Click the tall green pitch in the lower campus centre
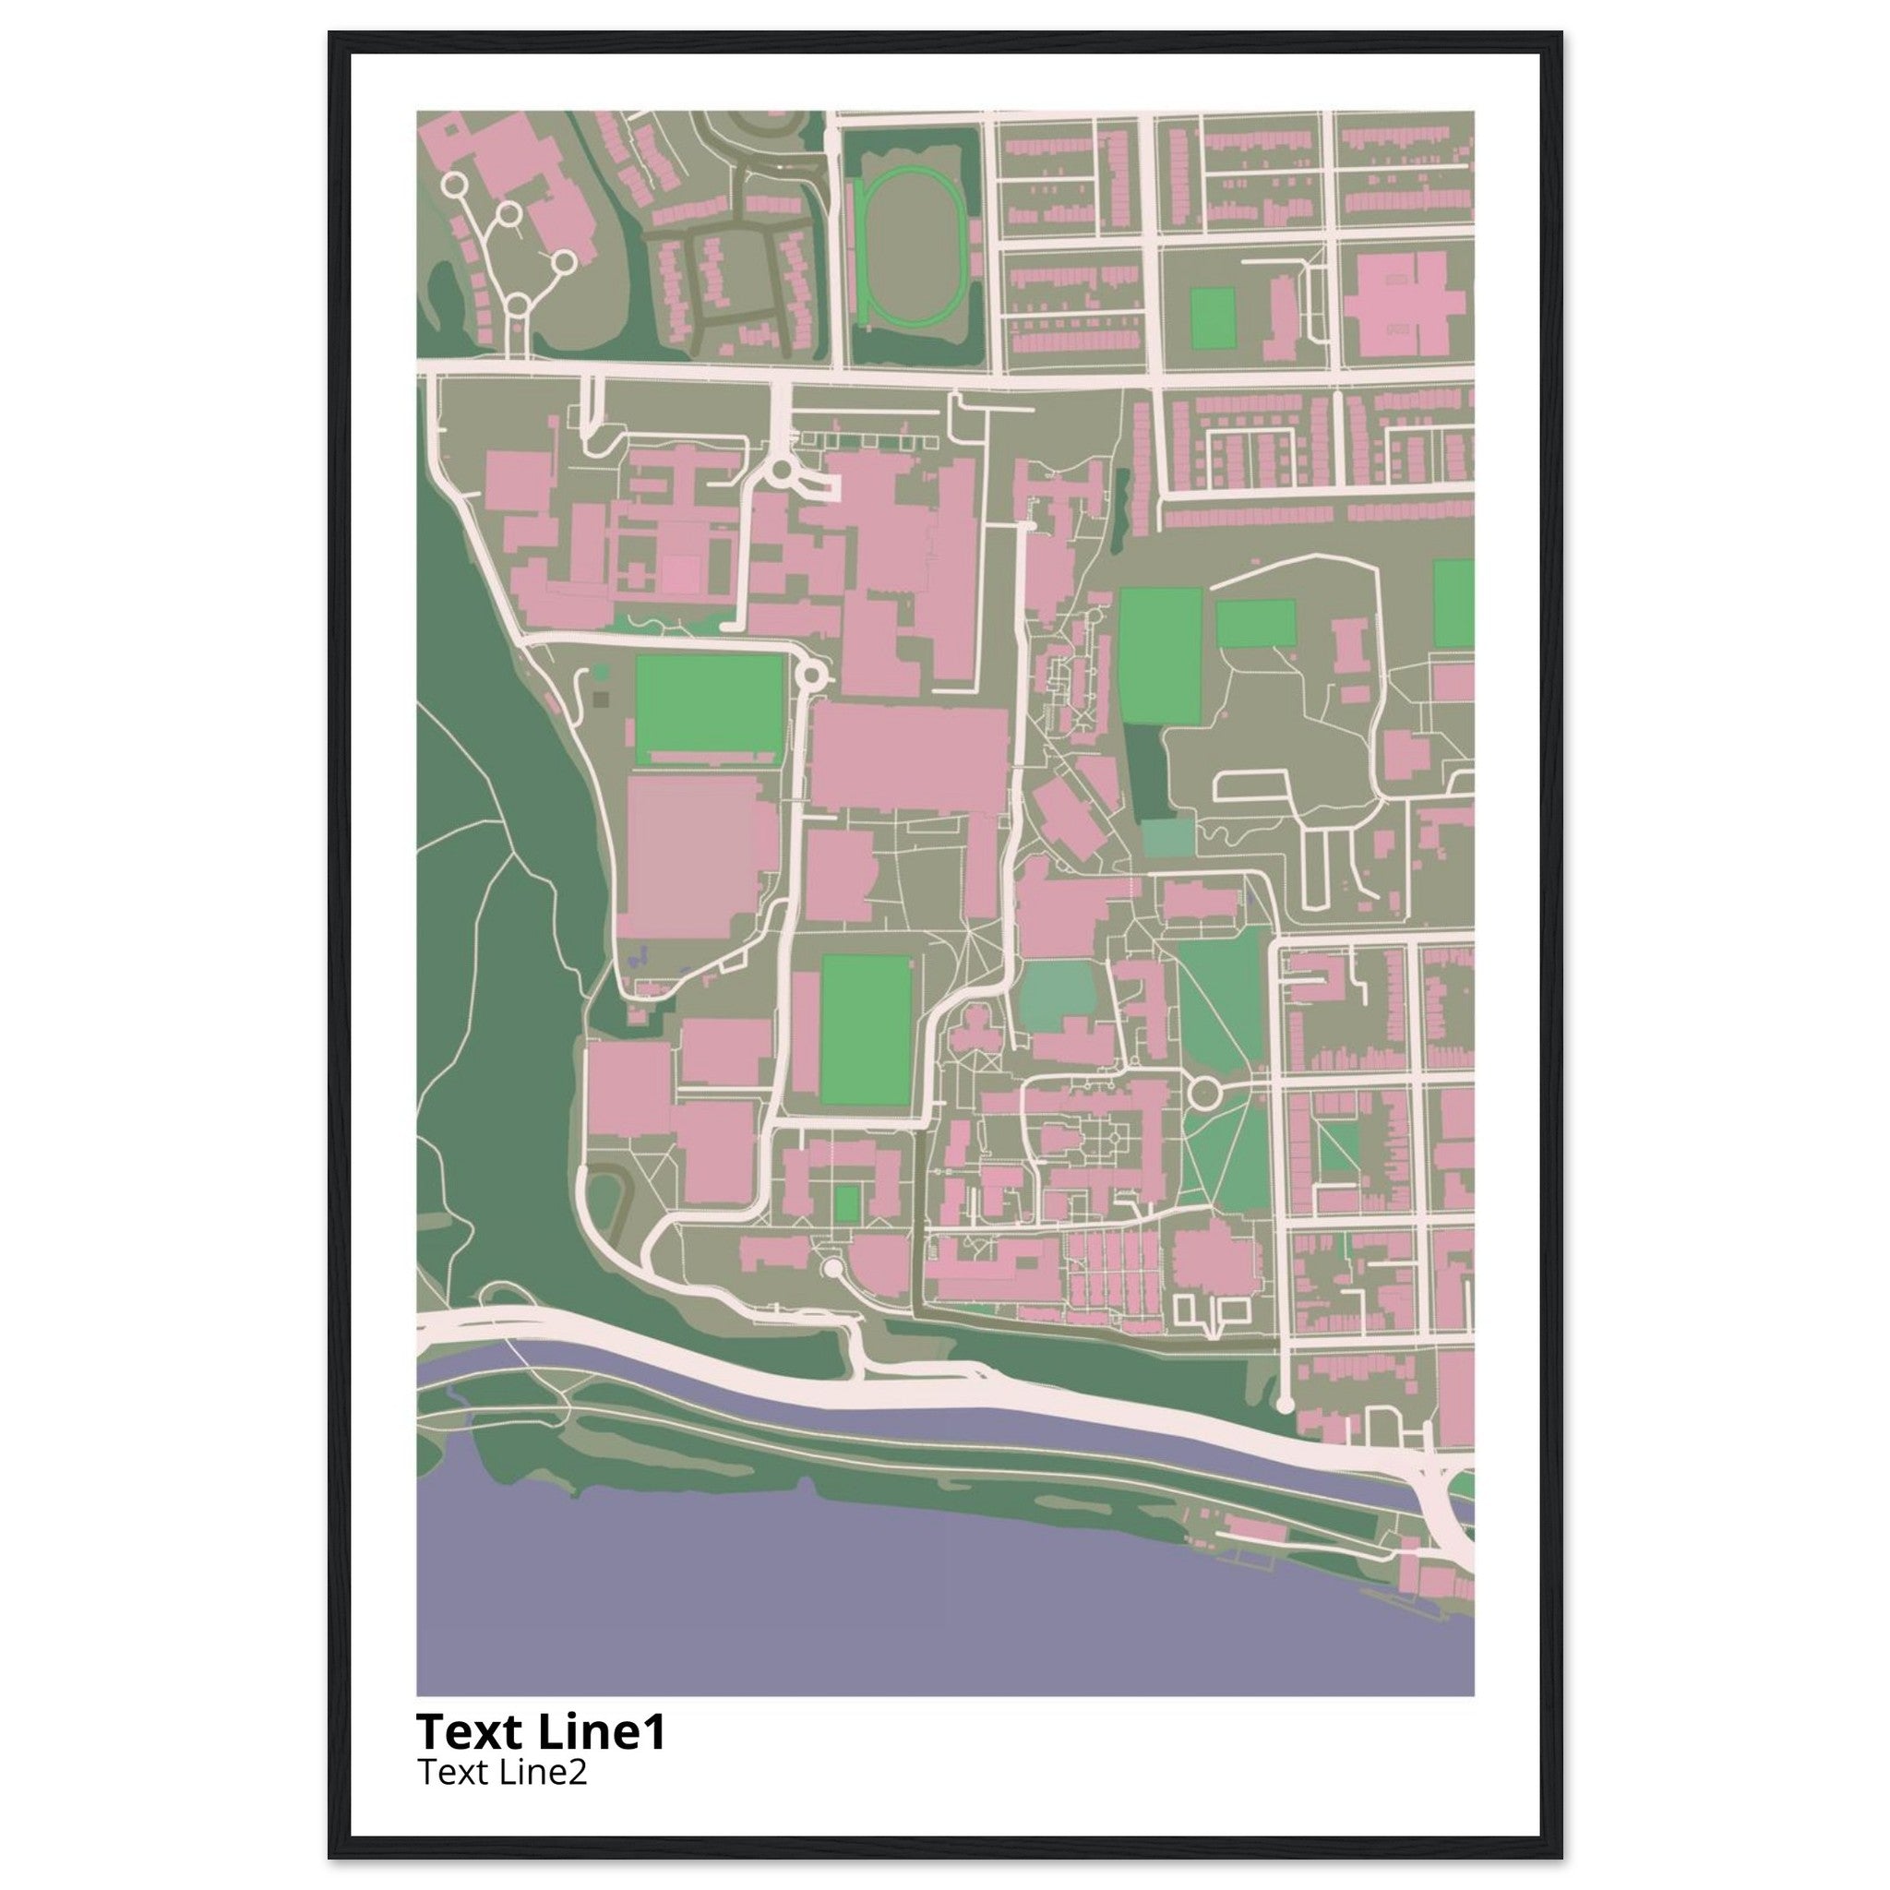tap(867, 1030)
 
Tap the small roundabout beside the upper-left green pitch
tap(811, 674)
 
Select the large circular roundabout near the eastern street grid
tap(1204, 1089)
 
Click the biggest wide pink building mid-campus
tap(910, 759)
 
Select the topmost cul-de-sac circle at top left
tap(454, 184)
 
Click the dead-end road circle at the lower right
tap(1286, 1405)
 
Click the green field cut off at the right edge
tap(1453, 604)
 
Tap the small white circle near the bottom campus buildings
tap(832, 1269)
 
